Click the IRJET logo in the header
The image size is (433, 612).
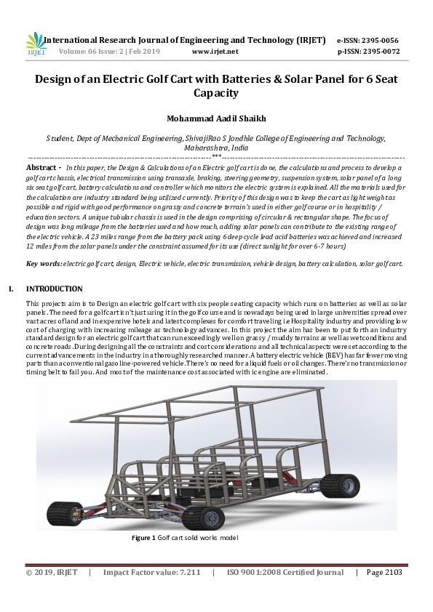click(35, 44)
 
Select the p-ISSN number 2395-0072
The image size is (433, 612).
click(384, 52)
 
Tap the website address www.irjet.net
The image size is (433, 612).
click(215, 52)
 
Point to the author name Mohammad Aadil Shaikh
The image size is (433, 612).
click(216, 118)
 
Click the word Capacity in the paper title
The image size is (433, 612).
click(216, 93)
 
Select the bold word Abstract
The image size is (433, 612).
click(42, 167)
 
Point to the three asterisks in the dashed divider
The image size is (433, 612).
click(216, 156)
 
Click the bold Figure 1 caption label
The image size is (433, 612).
click(143, 538)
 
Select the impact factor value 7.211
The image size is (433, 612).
click(186, 572)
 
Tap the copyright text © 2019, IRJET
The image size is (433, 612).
click(52, 572)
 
